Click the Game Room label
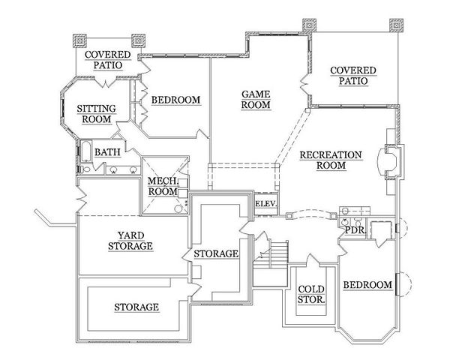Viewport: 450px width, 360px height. point(256,100)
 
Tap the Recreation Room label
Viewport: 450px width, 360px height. point(331,160)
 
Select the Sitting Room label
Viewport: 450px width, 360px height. point(97,114)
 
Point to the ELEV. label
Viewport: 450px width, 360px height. point(266,204)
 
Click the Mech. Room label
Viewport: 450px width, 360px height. point(163,186)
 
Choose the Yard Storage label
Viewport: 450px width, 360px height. point(130,241)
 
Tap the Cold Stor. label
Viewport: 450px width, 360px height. point(311,295)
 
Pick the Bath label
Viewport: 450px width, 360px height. point(107,152)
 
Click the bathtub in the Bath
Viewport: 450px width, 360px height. point(85,151)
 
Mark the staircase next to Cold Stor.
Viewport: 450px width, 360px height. point(270,263)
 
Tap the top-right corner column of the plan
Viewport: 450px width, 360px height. point(396,25)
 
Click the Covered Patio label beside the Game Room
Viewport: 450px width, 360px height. point(353,76)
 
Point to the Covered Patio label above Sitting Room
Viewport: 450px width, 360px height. point(108,60)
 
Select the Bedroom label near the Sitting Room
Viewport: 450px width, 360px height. point(176,100)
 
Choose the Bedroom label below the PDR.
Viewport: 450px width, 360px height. point(367,285)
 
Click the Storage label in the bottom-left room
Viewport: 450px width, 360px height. point(136,307)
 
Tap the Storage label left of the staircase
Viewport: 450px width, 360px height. point(216,253)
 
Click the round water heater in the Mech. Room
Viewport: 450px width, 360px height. point(178,208)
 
